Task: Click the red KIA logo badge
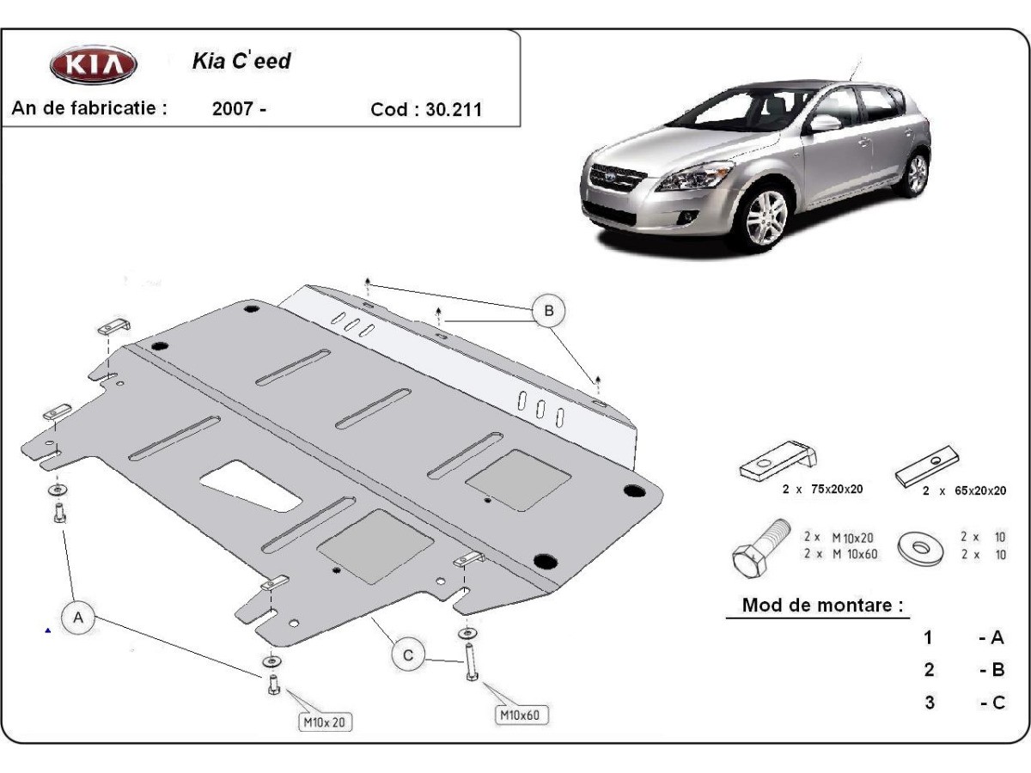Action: (93, 65)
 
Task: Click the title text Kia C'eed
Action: (241, 62)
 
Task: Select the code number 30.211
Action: (453, 110)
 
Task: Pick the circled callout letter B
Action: (548, 310)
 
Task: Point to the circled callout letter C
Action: (409, 655)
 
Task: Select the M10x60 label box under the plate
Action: (522, 714)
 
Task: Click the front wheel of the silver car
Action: (766, 217)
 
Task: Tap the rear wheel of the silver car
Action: (917, 173)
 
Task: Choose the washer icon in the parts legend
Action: (920, 546)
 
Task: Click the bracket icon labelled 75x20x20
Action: (778, 461)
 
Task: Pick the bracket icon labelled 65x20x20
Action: (927, 465)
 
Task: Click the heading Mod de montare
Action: (822, 605)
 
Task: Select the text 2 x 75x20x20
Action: (822, 489)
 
